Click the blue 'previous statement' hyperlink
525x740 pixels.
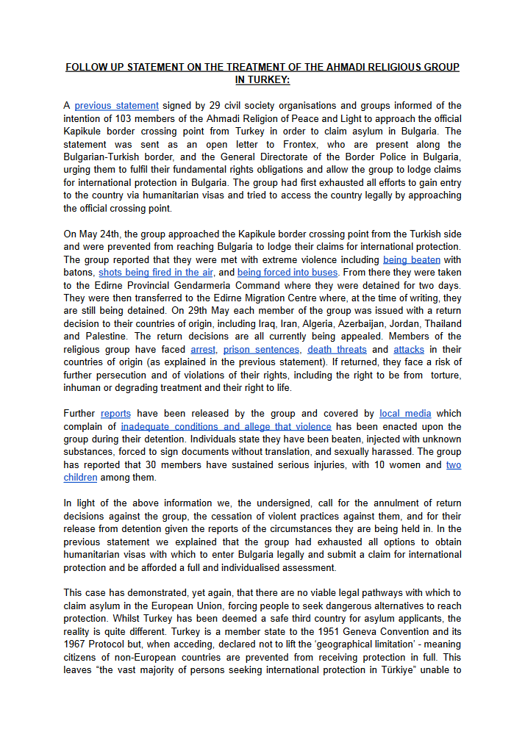(116, 106)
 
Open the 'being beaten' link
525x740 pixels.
(412, 259)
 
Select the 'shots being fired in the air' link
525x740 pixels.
(156, 273)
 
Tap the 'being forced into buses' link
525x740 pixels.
(287, 273)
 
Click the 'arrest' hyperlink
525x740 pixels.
(203, 349)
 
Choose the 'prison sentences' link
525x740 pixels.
(262, 349)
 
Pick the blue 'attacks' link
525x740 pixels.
(409, 349)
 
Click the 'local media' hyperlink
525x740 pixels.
(406, 414)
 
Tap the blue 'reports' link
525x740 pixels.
(115, 414)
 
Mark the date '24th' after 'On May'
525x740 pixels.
(120, 234)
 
